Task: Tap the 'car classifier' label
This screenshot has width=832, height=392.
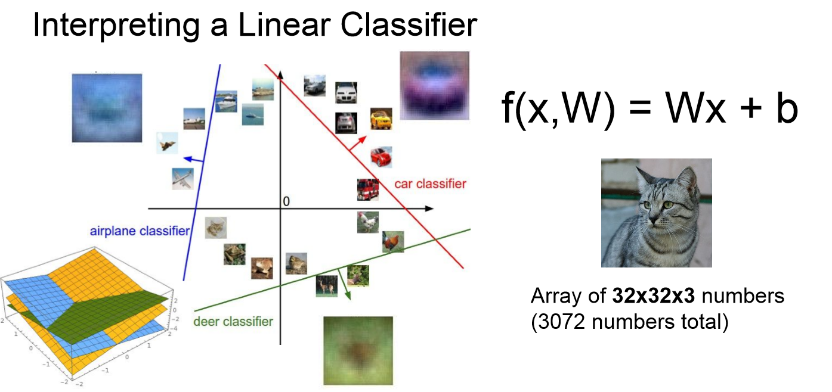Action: click(430, 183)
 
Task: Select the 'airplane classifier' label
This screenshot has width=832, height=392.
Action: click(140, 231)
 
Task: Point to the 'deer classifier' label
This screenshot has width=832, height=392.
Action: click(233, 322)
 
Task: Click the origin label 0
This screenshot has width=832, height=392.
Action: click(286, 202)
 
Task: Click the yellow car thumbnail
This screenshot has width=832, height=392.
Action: click(381, 119)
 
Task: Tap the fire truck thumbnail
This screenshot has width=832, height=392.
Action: click(367, 189)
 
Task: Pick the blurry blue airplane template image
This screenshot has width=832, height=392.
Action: click(107, 108)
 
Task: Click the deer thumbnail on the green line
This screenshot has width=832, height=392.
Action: click(326, 286)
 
